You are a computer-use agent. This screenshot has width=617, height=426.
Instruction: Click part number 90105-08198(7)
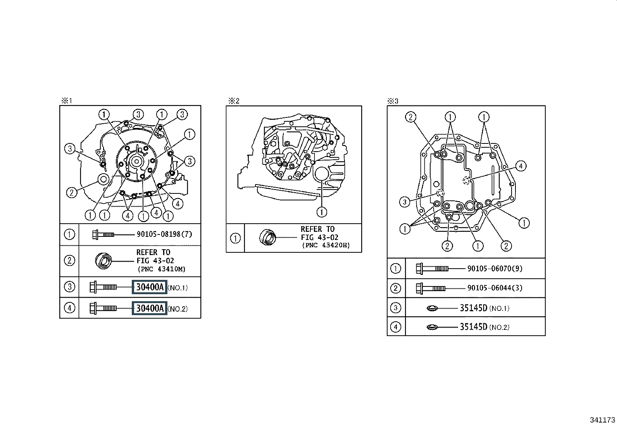pos(164,234)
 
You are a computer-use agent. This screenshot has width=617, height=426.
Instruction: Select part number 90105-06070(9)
pos(495,268)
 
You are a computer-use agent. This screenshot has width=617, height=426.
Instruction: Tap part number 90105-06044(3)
pos(495,288)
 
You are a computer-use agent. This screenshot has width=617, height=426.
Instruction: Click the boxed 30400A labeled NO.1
pos(150,287)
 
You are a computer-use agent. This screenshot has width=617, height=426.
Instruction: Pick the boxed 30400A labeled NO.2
pos(150,308)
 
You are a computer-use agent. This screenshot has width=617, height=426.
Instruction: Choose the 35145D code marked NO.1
pos(474,308)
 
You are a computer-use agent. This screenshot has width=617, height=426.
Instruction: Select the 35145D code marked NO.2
pos(474,327)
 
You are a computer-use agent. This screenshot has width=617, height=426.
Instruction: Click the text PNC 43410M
pos(161,269)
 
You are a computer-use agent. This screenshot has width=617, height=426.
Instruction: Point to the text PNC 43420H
pos(326,245)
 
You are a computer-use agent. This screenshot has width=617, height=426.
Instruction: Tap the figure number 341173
pos(602,420)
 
